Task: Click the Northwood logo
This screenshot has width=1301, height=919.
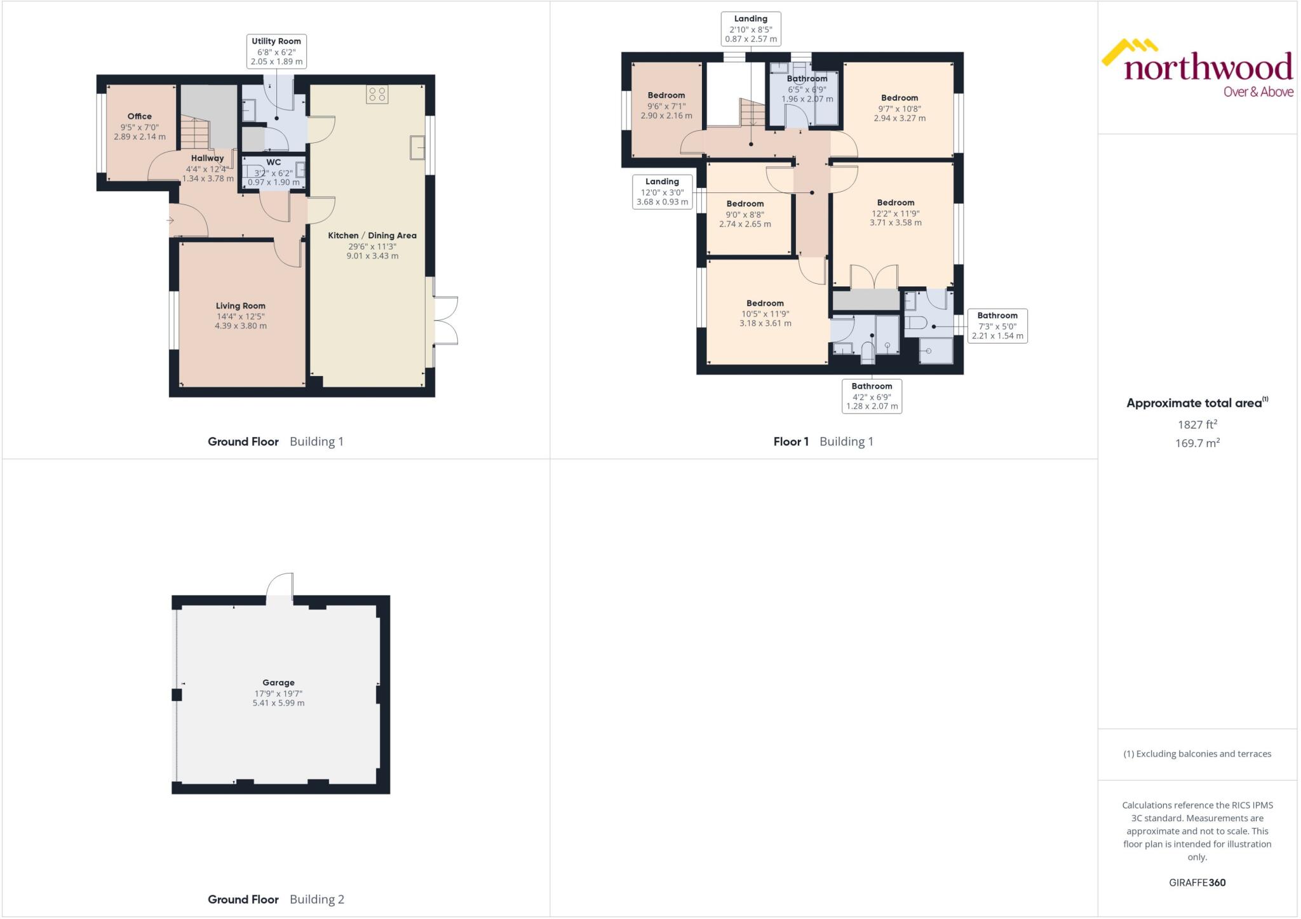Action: pos(1197,69)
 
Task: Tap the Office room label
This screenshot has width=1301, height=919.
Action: pos(139,117)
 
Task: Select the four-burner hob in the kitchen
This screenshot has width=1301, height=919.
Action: pos(377,95)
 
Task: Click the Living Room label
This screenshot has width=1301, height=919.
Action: pos(240,306)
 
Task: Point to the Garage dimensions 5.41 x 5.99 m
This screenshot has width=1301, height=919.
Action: pos(278,703)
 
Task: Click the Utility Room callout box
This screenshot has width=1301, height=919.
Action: pos(276,51)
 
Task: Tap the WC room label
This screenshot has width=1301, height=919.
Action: pos(273,163)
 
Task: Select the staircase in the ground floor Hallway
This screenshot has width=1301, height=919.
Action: pos(195,134)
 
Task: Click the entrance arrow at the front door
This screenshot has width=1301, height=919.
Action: pos(170,220)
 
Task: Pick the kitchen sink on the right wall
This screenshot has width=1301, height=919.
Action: pos(418,147)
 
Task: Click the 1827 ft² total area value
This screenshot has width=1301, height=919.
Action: pos(1197,424)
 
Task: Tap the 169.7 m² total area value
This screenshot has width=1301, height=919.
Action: pos(1197,443)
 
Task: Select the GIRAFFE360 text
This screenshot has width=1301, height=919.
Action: pos(1197,882)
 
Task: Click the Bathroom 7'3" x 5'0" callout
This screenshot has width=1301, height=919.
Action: pos(997,326)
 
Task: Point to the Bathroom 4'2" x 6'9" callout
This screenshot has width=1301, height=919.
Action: pos(872,396)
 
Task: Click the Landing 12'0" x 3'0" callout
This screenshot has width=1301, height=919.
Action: pos(662,192)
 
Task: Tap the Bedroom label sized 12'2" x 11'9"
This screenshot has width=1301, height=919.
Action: pos(895,203)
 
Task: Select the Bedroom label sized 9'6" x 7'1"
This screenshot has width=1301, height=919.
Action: pos(666,96)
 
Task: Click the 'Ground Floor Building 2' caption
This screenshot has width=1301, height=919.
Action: pos(276,899)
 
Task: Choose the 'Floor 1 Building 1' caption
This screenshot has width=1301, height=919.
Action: pos(823,441)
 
